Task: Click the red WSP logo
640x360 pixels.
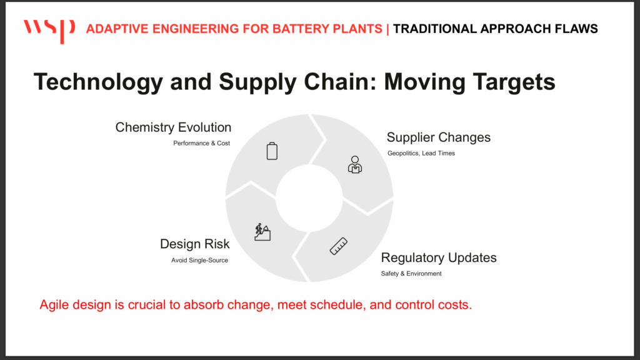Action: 49,31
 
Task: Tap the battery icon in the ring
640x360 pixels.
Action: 272,151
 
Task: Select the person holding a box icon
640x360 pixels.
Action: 355,164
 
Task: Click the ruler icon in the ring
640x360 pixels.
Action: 339,246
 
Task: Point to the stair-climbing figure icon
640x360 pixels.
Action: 262,232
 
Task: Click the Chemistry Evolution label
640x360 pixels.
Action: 174,127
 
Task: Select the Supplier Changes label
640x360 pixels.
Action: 438,137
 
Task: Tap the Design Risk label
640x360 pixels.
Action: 195,244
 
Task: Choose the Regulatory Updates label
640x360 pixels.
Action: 439,257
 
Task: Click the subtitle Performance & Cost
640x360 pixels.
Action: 202,143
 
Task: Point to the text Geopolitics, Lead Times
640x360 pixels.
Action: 421,154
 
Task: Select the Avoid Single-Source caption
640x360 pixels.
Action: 199,261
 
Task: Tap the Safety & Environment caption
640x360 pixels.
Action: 411,274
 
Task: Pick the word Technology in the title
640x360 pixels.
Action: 98,82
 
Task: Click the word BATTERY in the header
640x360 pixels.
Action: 301,29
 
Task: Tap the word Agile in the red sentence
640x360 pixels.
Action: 54,305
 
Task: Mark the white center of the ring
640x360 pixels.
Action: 309,198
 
